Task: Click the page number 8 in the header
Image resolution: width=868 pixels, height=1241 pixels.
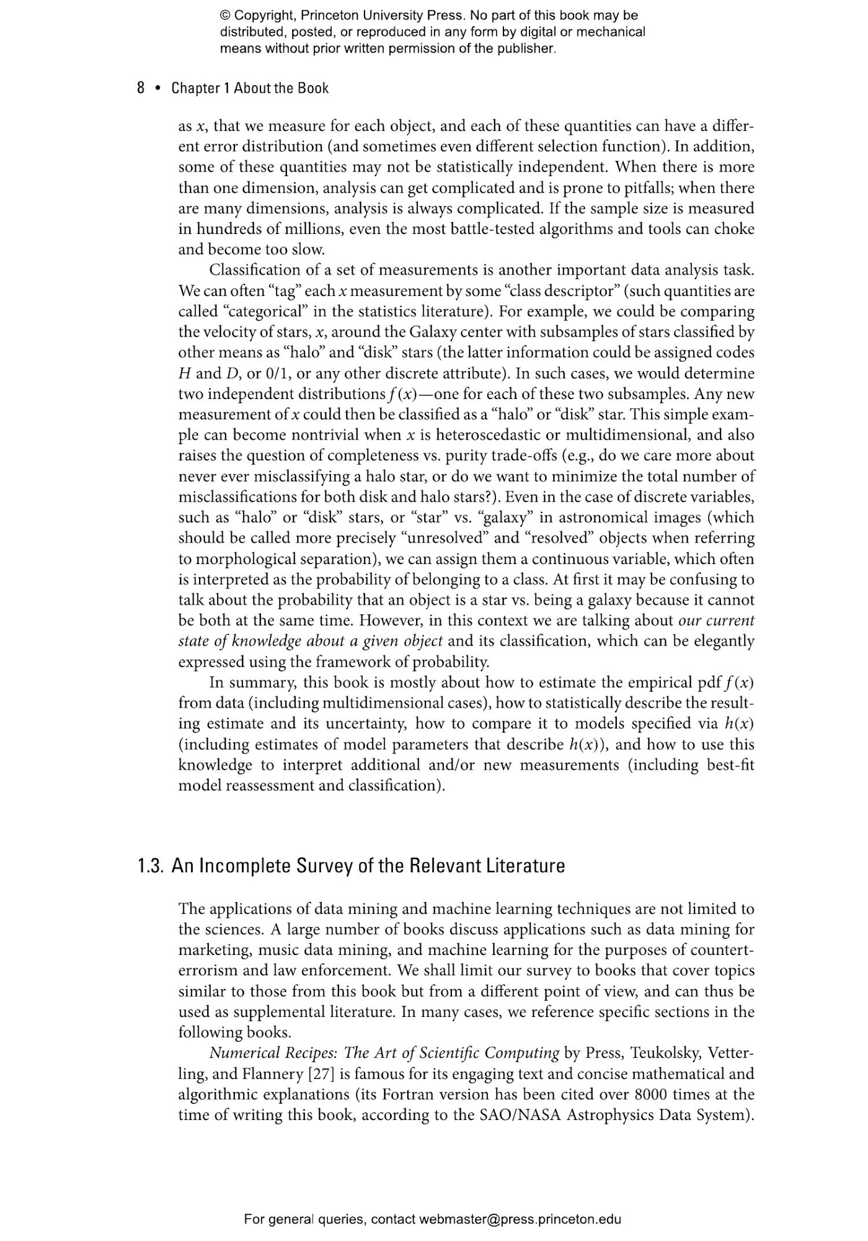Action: (x=141, y=88)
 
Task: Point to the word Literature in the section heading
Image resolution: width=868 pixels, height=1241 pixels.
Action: (x=525, y=866)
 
